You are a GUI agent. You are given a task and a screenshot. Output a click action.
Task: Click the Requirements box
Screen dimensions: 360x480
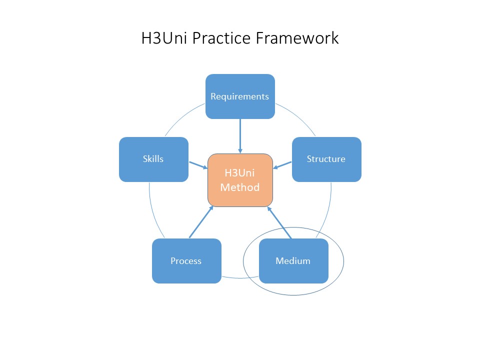click(x=240, y=107)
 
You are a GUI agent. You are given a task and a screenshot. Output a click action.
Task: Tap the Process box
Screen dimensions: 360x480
click(x=186, y=272)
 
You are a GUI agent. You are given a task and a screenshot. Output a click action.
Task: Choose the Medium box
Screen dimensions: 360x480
click(x=293, y=272)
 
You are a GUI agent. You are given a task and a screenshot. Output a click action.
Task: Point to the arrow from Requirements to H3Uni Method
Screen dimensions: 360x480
click(x=240, y=135)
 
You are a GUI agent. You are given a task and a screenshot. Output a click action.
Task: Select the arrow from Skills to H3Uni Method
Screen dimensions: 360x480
click(x=198, y=164)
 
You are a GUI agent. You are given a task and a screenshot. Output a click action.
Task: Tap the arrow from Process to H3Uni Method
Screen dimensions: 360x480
click(x=201, y=222)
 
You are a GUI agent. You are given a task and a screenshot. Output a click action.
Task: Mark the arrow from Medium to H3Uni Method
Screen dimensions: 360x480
click(x=279, y=222)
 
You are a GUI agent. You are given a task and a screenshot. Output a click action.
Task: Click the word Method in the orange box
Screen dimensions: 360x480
click(x=240, y=187)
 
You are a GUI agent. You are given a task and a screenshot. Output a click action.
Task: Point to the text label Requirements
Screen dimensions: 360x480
click(x=240, y=96)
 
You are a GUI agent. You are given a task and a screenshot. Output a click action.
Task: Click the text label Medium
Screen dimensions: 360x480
click(x=293, y=261)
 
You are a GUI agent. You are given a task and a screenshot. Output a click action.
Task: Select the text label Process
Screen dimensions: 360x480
click(x=186, y=261)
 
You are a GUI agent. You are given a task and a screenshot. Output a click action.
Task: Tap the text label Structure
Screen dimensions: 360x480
click(x=326, y=159)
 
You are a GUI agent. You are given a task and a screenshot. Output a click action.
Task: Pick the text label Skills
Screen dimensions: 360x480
click(x=153, y=159)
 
